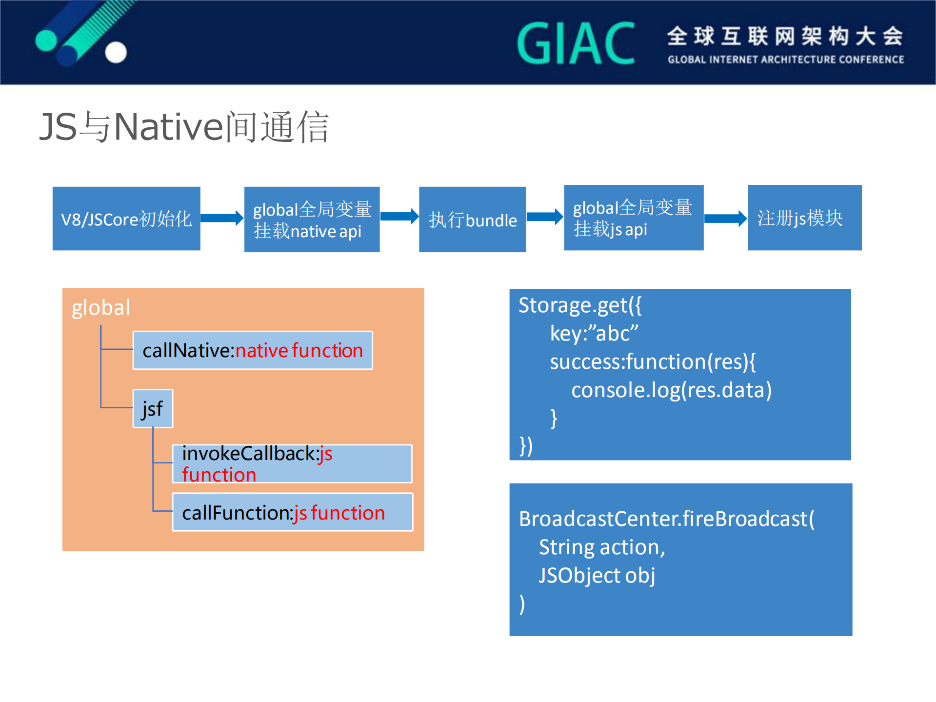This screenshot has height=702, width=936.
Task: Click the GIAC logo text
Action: (576, 44)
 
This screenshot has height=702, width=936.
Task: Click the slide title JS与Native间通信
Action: (184, 127)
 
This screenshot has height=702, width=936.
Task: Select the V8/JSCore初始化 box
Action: (126, 219)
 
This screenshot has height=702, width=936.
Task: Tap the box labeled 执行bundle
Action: (472, 220)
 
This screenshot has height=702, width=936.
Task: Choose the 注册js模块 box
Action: (804, 218)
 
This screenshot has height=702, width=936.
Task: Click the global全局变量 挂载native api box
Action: (312, 220)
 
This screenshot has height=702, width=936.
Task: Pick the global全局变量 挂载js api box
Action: (633, 218)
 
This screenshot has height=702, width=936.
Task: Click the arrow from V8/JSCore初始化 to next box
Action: (222, 218)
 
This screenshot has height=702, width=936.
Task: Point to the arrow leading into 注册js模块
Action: (725, 218)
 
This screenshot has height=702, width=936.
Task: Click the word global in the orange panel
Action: (101, 308)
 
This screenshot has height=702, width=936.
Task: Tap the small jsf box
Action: (153, 409)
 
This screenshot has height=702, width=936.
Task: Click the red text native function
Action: (299, 350)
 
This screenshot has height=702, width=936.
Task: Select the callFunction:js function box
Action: (293, 512)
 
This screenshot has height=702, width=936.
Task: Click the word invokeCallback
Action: (249, 454)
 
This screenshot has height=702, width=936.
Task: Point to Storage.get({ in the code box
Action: (579, 305)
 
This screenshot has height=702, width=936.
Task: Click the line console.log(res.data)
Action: (671, 390)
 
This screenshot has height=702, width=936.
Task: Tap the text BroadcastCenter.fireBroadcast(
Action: (666, 519)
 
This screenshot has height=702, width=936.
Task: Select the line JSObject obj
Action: (597, 576)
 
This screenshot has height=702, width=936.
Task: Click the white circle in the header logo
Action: (116, 52)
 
